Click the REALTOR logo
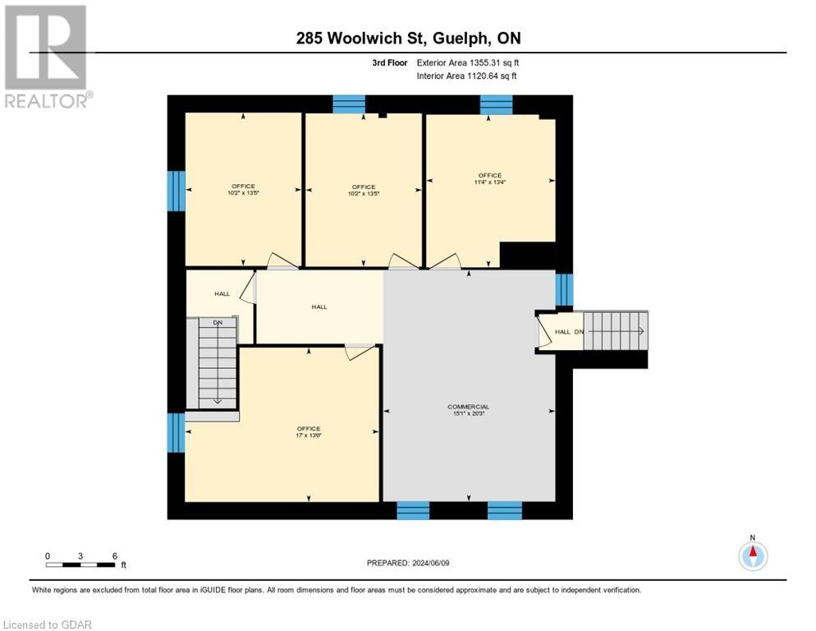(48, 57)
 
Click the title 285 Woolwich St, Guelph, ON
(407, 39)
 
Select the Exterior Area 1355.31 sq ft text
(467, 62)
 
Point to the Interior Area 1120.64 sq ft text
(466, 76)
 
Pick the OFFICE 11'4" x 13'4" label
(489, 179)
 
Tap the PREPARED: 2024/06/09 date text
(407, 563)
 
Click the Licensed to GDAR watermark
(48, 624)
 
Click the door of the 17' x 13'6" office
(359, 352)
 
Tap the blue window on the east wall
(563, 289)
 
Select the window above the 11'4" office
(495, 104)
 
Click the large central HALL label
(319, 306)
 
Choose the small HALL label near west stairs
(222, 293)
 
